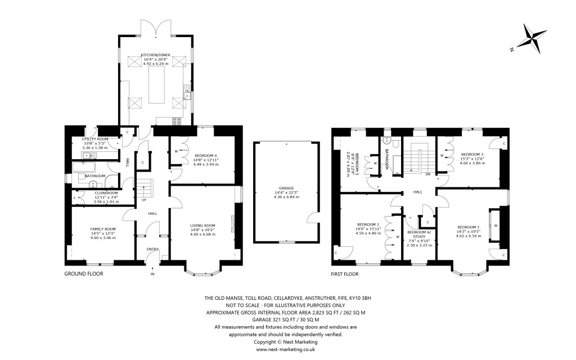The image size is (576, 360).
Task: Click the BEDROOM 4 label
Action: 205,155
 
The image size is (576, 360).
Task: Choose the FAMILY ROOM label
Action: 103,229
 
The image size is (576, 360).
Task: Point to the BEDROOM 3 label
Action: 472,154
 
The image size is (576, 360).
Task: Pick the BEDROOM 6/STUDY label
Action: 418,234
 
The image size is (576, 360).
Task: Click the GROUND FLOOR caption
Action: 84,274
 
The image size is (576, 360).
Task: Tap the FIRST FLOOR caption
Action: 344,274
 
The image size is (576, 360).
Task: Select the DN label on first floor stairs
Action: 428,174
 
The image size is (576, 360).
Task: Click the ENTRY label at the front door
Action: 152,249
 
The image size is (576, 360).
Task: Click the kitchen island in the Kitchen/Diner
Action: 156,86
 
